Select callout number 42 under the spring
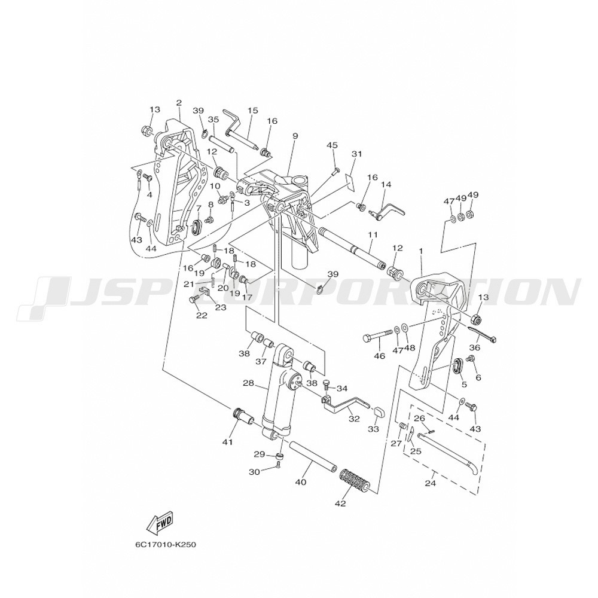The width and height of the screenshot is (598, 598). (x=340, y=504)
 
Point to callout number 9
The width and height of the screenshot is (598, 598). (x=295, y=136)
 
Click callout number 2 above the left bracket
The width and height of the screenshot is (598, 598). (x=179, y=102)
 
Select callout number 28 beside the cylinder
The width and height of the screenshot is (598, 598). (x=248, y=383)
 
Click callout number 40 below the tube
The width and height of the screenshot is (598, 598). (x=301, y=483)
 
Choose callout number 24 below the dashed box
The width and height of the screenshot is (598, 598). (x=430, y=484)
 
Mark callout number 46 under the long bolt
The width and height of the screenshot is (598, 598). (x=380, y=356)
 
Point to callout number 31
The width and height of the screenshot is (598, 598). (x=356, y=154)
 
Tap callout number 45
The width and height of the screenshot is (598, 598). (x=332, y=145)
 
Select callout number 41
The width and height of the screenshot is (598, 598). (x=228, y=442)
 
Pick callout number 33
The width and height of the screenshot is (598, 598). (x=373, y=429)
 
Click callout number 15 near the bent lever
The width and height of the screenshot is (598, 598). (x=252, y=111)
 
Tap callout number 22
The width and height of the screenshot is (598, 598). (x=202, y=315)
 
